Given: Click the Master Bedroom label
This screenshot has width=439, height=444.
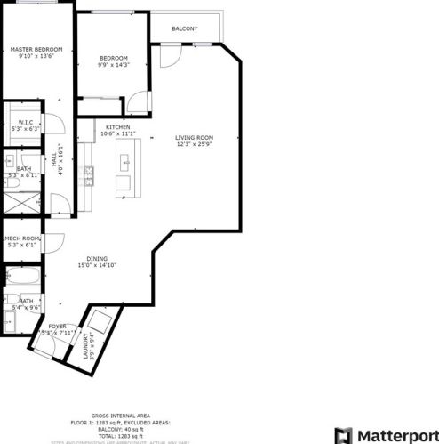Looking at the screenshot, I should (x=36, y=49).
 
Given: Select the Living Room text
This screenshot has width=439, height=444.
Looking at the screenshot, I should (x=194, y=137).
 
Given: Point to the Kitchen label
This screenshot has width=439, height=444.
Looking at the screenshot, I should (x=117, y=127).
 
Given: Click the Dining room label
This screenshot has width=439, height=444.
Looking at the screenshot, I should (x=97, y=258).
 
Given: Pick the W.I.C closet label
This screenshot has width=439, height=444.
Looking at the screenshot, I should (x=25, y=122).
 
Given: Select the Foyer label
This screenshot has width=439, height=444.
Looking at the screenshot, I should (x=58, y=327).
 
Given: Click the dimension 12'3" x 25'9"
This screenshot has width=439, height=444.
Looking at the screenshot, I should (x=194, y=144).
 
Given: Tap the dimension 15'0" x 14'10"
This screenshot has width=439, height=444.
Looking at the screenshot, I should (x=97, y=265).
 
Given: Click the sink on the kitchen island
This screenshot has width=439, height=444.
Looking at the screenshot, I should (x=125, y=162).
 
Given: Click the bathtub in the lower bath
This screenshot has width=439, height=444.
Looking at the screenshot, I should (x=21, y=277).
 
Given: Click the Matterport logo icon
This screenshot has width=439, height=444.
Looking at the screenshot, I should (x=343, y=435).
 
